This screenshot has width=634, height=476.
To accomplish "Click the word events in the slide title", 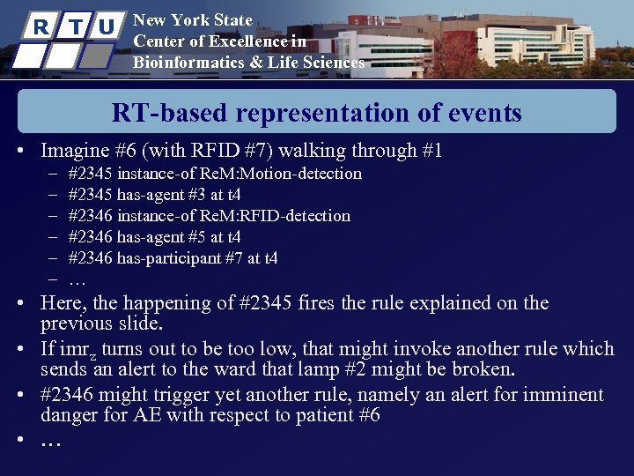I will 481,114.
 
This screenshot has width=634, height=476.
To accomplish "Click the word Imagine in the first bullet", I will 77,151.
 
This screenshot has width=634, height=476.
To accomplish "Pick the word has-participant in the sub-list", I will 170,258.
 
